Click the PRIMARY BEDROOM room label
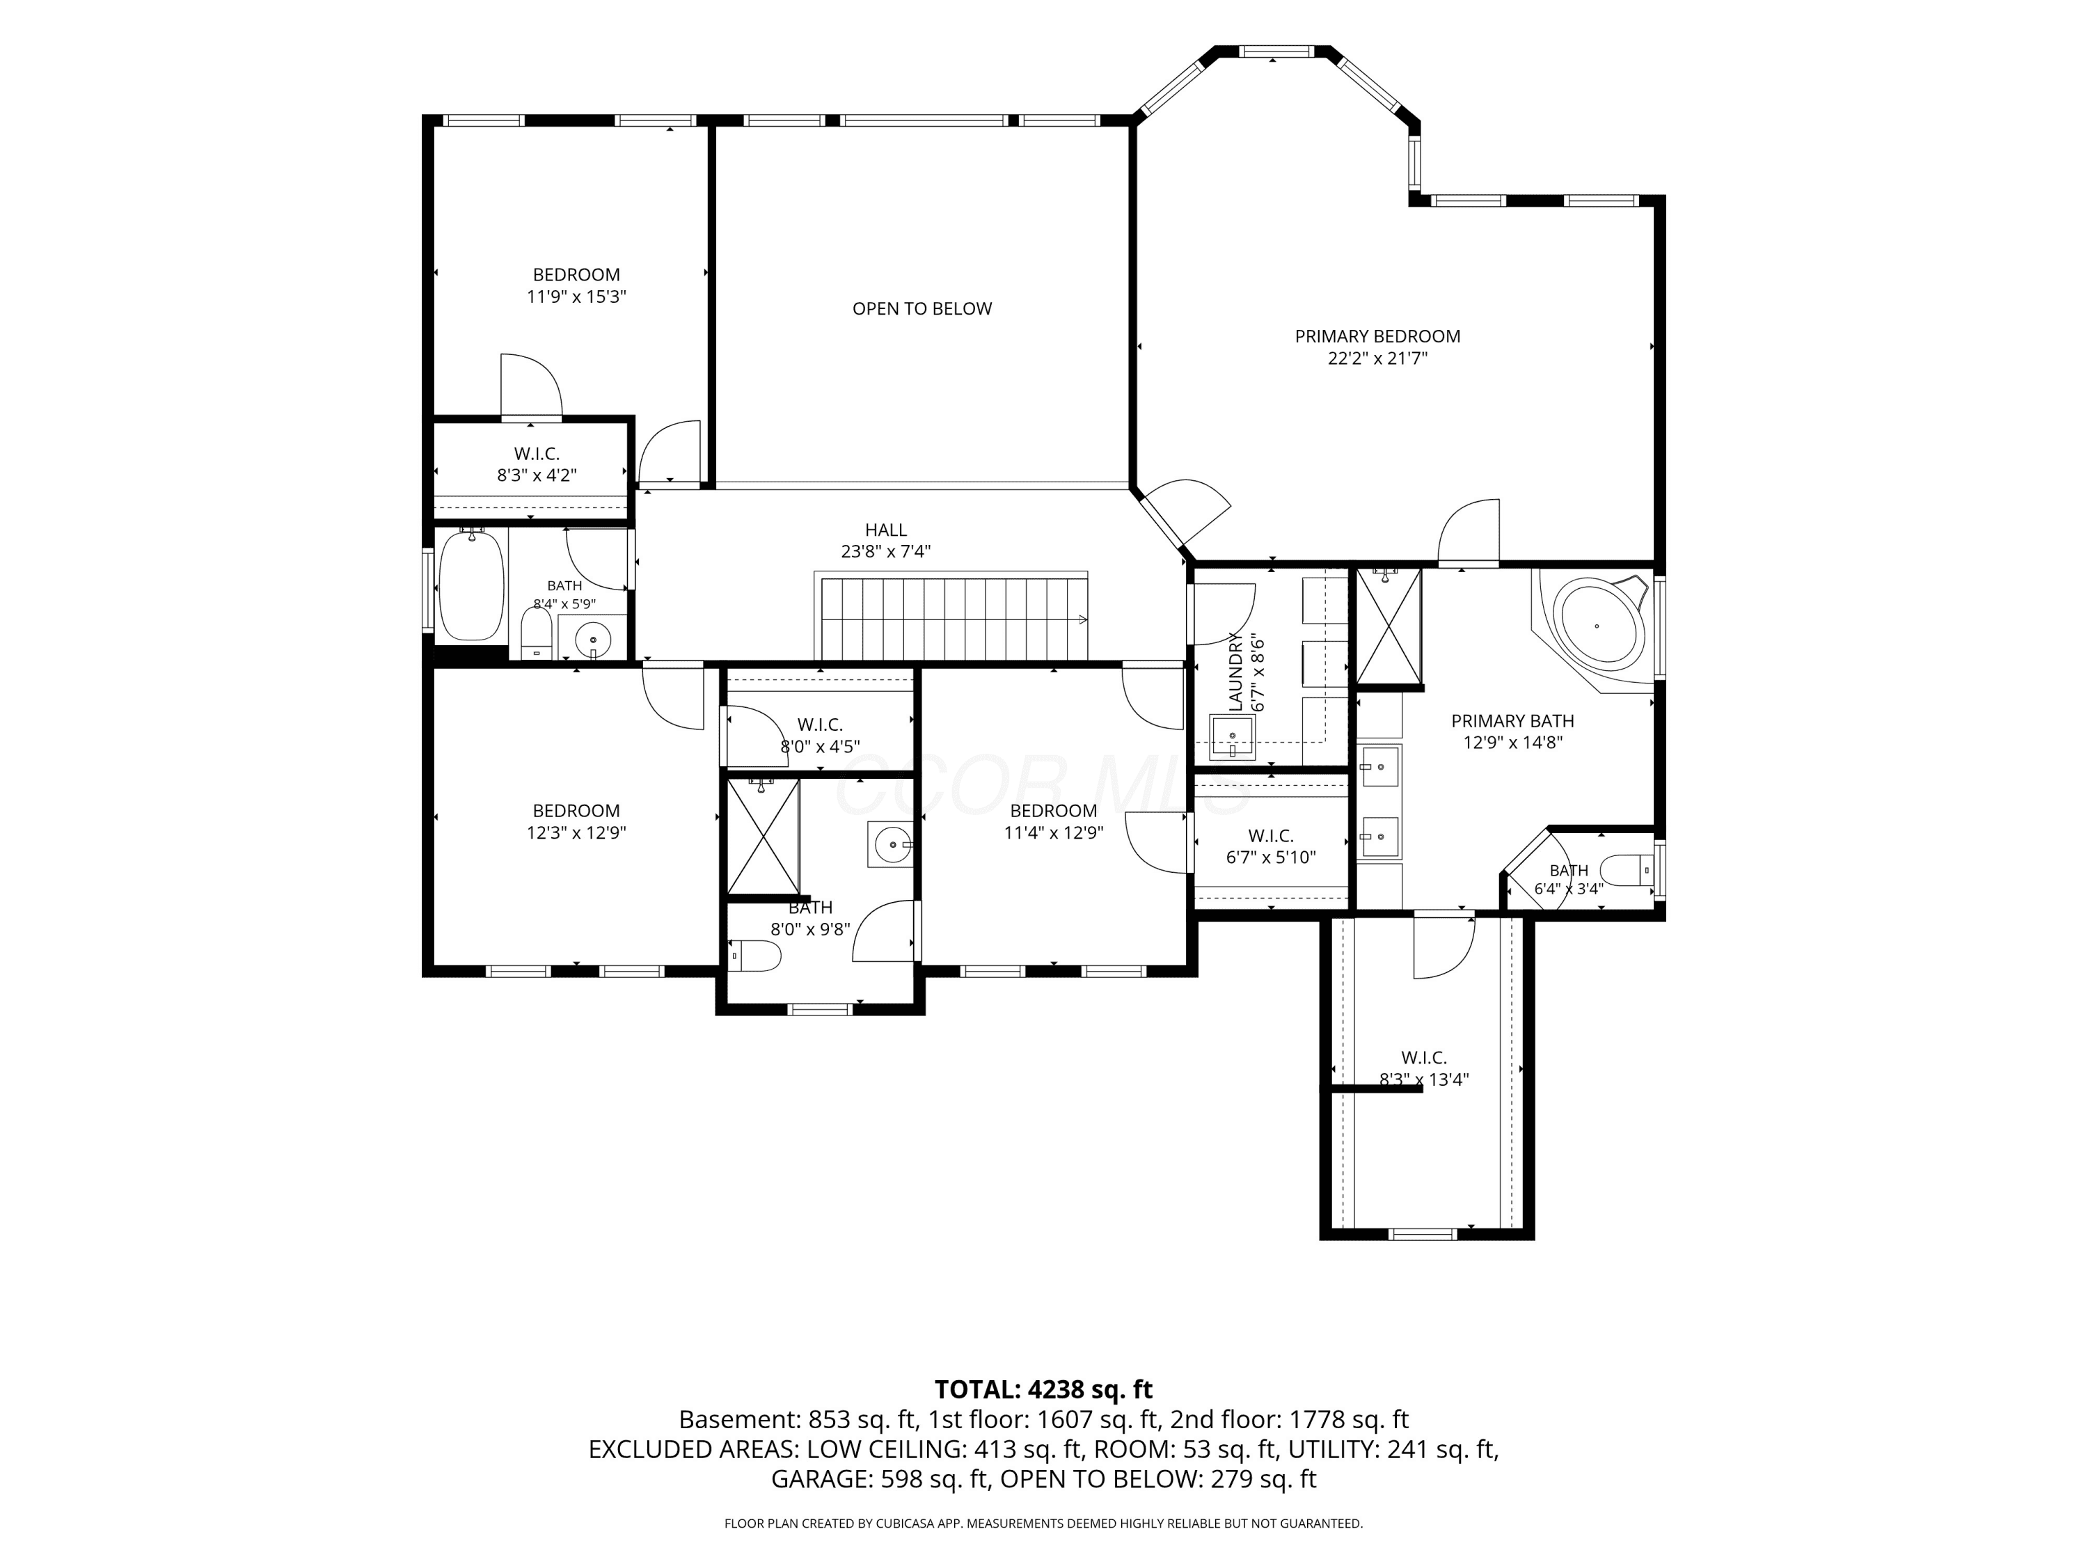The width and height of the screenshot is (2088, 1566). pyautogui.click(x=1377, y=336)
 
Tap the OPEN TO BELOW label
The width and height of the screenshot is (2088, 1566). pyautogui.click(x=922, y=308)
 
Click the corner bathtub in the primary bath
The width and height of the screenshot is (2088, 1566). pyautogui.click(x=1596, y=626)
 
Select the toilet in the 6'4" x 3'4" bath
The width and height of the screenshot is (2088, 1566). pyautogui.click(x=1627, y=869)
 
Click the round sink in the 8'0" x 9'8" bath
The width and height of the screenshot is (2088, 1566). pyautogui.click(x=890, y=844)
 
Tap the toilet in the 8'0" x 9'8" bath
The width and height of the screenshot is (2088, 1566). pyautogui.click(x=755, y=956)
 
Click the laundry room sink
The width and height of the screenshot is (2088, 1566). pyautogui.click(x=1232, y=736)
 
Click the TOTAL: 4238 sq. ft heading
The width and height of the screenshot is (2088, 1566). pyautogui.click(x=1043, y=1389)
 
